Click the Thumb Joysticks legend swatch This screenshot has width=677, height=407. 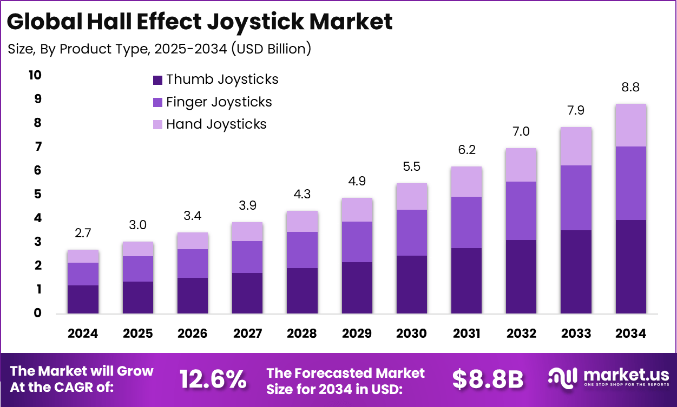(157, 80)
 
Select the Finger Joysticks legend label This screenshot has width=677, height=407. (219, 102)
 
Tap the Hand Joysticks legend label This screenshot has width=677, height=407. (216, 124)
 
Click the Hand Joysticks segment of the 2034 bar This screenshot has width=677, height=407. (630, 125)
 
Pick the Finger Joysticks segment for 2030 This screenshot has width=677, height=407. (411, 232)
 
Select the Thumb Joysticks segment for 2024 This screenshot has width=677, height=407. (83, 299)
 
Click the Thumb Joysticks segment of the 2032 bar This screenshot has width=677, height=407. (521, 276)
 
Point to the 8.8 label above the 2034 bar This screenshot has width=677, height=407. (630, 88)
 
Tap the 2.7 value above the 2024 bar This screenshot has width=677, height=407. (83, 233)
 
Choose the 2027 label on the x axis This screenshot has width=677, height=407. (247, 333)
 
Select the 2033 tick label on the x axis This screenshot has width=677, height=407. (576, 333)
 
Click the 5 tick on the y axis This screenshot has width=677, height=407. (37, 194)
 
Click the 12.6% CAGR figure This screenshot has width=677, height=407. (213, 379)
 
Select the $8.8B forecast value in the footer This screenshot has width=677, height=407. (488, 379)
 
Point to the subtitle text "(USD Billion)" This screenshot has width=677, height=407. (271, 49)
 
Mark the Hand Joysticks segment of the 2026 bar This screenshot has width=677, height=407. (192, 241)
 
